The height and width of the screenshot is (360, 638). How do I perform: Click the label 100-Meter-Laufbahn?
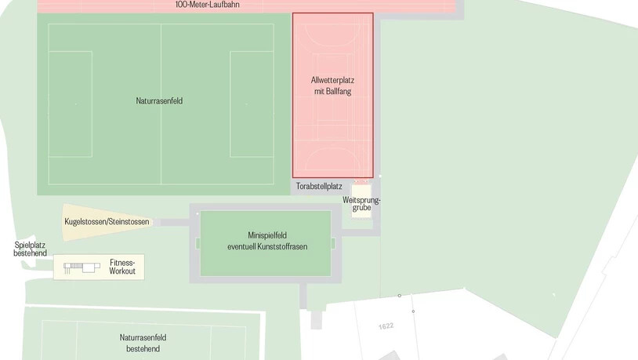[207, 5]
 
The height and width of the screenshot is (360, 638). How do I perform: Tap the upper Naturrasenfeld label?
[161, 100]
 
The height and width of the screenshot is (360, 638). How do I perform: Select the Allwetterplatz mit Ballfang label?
[332, 85]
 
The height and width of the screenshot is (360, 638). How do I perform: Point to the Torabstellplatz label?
[319, 187]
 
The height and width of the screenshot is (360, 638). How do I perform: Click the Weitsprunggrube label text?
[361, 204]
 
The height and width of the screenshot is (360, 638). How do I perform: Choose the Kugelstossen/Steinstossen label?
[107, 222]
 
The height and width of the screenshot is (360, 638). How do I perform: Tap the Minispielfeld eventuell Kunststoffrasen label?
[266, 241]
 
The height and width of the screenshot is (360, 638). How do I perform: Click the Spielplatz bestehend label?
[30, 249]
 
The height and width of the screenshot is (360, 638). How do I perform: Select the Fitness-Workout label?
[122, 266]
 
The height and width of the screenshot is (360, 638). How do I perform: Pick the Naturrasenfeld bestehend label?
[143, 343]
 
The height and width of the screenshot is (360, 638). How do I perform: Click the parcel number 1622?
[385, 325]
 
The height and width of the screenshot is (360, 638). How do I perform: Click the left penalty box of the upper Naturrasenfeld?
[70, 104]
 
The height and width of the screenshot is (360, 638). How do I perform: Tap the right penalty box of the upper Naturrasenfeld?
[252, 104]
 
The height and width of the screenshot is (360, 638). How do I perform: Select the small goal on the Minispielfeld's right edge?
[333, 243]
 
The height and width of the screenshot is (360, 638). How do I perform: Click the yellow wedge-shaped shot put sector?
[78, 221]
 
